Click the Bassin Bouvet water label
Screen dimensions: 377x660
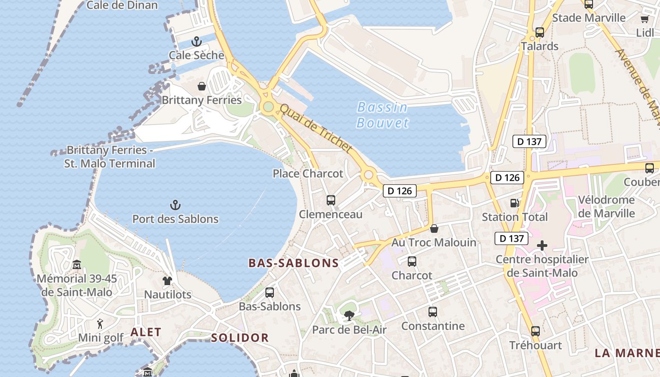pos(382,115)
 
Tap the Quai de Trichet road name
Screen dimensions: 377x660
pos(316,128)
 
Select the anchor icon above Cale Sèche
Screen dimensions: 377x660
pos(196,41)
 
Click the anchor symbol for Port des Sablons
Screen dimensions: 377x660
pos(175,205)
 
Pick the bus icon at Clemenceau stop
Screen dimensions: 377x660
pos(331,200)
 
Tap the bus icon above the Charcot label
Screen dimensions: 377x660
pos(412,262)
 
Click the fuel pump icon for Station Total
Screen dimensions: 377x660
pos(514,203)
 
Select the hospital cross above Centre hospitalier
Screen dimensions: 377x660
pos(542,246)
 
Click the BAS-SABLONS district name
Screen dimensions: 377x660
pos(294,263)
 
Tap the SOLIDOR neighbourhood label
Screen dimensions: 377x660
pos(239,338)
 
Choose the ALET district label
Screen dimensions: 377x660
pos(146,332)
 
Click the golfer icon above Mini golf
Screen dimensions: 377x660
pos(100,324)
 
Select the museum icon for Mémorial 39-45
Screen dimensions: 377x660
pos(77,264)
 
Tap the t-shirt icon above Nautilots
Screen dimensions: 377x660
pos(167,281)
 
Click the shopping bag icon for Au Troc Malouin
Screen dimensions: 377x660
pos(434,229)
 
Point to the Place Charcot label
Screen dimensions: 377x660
pos(308,173)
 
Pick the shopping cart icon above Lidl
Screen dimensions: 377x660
pos(644,19)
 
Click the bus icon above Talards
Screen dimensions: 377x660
pos(540,33)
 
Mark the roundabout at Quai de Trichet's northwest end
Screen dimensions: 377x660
pos(268,107)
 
